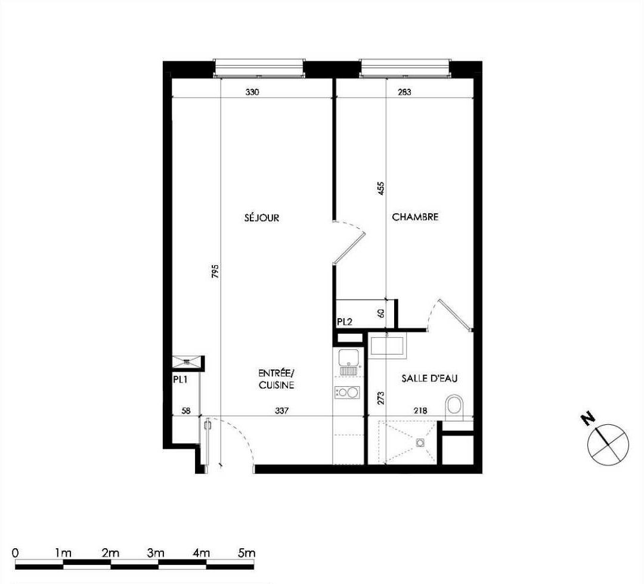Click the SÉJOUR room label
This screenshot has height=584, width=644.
coord(262,218)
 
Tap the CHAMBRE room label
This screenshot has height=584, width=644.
coord(415,217)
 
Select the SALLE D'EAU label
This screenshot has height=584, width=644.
coord(429,378)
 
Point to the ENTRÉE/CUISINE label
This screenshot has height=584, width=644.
coord(277,379)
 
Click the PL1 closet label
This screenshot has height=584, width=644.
coord(180,380)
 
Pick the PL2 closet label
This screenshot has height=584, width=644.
coord(344,322)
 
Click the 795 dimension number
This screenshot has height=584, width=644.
coord(216,272)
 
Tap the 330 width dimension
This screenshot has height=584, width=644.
coord(252,92)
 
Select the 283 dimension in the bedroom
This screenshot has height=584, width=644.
coord(404,92)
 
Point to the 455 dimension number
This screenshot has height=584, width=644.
coord(380,188)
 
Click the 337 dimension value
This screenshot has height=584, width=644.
coord(281,411)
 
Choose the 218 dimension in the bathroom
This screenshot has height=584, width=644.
coord(420,411)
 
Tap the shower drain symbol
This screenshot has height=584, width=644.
coord(420,442)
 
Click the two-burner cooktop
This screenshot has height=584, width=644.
coord(347,392)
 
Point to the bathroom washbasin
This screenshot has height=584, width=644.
coord(388,345)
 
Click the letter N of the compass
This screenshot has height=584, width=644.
coord(588,419)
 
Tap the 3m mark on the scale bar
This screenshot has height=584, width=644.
coord(156,553)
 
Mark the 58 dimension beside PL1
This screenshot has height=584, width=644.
coord(186,411)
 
